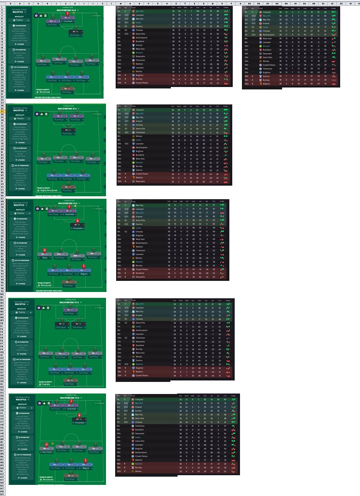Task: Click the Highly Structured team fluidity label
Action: pos(50,190)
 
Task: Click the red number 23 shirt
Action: pos(45,250)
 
